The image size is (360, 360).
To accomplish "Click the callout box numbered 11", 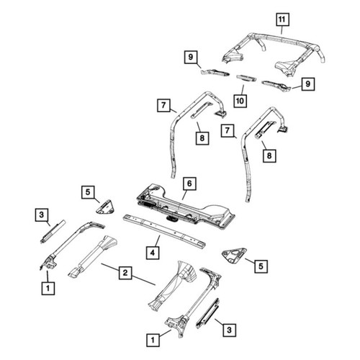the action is coord(282,19).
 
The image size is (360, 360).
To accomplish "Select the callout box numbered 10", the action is coord(240,101).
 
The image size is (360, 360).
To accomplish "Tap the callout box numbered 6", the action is coord(189,184).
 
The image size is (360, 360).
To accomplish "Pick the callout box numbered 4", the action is coord(153,253).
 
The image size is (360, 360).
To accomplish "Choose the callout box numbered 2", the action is coord(125,273).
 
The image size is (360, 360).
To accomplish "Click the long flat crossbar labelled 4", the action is coord(164,231).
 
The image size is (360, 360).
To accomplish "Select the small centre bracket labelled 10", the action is coord(246,78).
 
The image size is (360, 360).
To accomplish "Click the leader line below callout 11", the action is coord(282,30).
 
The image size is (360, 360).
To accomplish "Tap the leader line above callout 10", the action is coord(243,90).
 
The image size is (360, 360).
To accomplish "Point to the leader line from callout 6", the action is coord(184,194).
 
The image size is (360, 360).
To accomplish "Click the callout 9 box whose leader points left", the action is coord(307,84).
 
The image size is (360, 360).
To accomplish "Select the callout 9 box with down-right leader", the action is coord(191,57).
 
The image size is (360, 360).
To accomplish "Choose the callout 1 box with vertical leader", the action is coord(48,288).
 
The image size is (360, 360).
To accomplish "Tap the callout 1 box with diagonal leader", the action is coord(153,340).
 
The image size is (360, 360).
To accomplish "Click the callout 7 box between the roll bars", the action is coord(228,131).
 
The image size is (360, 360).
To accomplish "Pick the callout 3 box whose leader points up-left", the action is coord(229,330).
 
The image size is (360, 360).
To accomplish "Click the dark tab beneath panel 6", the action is coord(171,217).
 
